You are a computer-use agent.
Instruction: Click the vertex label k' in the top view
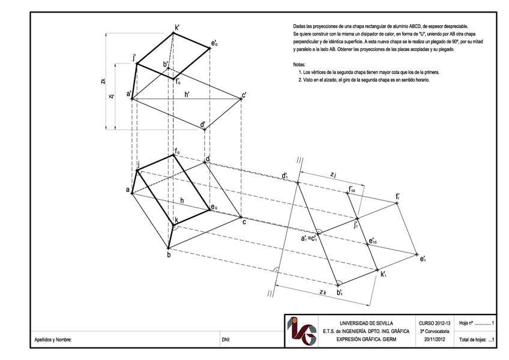pyautogui.click(x=177, y=28)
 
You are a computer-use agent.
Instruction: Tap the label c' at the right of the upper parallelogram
pyautogui.click(x=244, y=95)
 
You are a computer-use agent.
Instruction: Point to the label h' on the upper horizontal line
pyautogui.click(x=187, y=94)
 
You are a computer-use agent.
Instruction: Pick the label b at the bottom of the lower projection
pyautogui.click(x=169, y=255)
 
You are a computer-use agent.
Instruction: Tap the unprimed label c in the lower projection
pyautogui.click(x=244, y=223)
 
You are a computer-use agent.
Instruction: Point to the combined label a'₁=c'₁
pyautogui.click(x=309, y=238)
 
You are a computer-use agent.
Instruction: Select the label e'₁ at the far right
pyautogui.click(x=423, y=259)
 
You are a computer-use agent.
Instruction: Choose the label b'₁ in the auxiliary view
pyautogui.click(x=340, y=293)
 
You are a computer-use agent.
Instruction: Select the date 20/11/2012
pyautogui.click(x=433, y=340)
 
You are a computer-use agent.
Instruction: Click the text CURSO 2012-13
pyautogui.click(x=433, y=323)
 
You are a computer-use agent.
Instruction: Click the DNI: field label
pyautogui.click(x=226, y=340)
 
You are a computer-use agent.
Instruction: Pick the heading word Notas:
pyautogui.click(x=299, y=64)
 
